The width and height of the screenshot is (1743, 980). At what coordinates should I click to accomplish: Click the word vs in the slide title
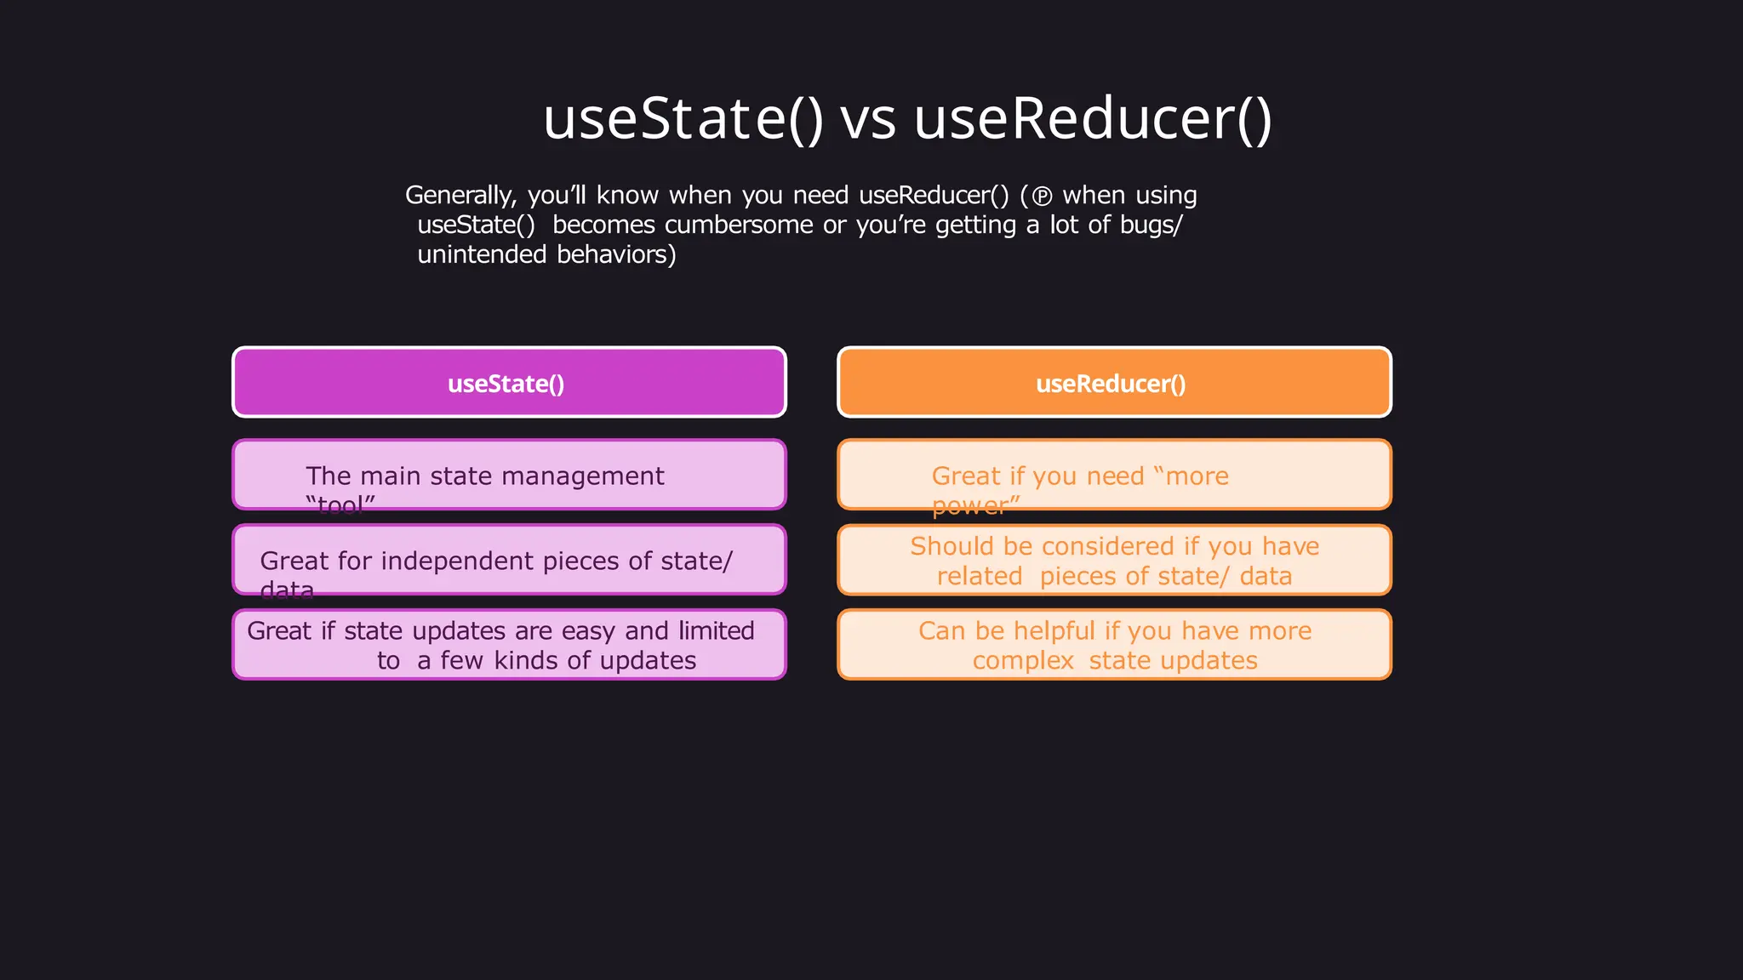point(868,119)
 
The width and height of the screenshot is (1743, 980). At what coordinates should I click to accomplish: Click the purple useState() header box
point(509,383)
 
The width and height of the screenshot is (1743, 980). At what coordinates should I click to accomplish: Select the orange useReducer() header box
point(1114,383)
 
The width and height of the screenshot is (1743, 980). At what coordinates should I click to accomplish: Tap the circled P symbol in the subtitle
point(1042,197)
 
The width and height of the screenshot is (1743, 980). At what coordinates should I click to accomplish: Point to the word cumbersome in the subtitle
point(739,225)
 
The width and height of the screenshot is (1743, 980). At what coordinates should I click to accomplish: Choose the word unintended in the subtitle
point(482,254)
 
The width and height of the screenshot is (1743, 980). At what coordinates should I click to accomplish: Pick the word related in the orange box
point(979,577)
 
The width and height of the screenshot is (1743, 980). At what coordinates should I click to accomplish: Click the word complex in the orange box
point(1022,662)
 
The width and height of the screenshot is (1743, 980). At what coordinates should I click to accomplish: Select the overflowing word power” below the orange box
point(975,506)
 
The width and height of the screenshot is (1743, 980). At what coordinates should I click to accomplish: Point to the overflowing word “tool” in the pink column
point(340,506)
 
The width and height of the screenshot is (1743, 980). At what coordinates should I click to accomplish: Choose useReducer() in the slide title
point(1093,119)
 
